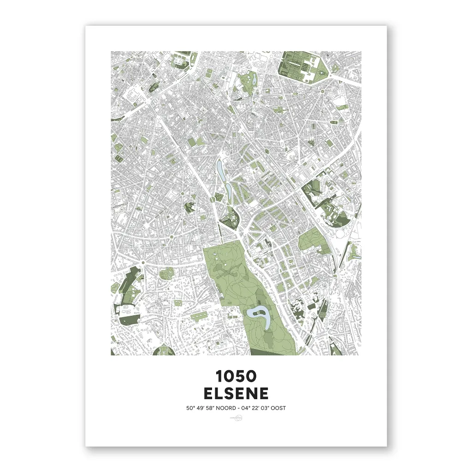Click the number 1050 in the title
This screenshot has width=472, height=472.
236,377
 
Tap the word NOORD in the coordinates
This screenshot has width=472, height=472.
222,408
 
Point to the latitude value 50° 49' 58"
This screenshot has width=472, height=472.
197,408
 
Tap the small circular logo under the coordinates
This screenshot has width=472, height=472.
236,419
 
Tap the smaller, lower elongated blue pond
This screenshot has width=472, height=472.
228,190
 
